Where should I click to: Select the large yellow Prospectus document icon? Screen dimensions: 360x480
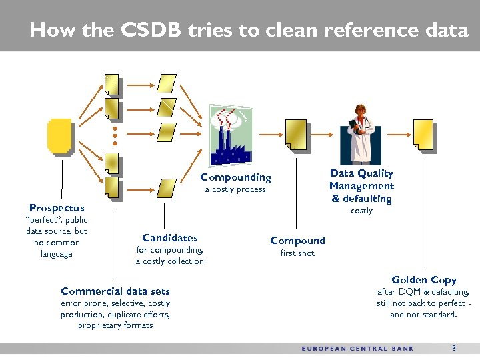pyautogui.click(x=59, y=136)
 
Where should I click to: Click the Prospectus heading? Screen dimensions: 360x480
pyautogui.click(x=57, y=208)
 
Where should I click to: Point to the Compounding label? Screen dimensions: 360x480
pyautogui.click(x=235, y=177)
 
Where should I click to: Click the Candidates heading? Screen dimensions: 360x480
pyautogui.click(x=170, y=238)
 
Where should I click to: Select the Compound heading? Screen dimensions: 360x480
pyautogui.click(x=297, y=241)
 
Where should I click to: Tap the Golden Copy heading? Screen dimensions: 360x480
pyautogui.click(x=423, y=280)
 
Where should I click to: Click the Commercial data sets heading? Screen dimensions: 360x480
pyautogui.click(x=115, y=291)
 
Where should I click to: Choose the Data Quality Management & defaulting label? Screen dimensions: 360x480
pyautogui.click(x=361, y=186)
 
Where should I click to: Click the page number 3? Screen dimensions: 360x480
pyautogui.click(x=453, y=348)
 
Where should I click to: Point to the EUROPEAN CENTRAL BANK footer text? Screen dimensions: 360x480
pyautogui.click(x=357, y=349)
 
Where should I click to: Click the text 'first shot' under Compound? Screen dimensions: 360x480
pyautogui.click(x=297, y=253)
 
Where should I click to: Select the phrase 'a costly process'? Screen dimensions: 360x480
pyautogui.click(x=235, y=189)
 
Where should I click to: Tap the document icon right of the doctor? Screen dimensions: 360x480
pyautogui.click(x=423, y=135)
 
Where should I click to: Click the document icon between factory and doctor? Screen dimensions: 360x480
pyautogui.click(x=295, y=135)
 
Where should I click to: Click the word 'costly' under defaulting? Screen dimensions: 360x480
pyautogui.click(x=361, y=211)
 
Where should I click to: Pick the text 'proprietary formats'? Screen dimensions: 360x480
pyautogui.click(x=115, y=325)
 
